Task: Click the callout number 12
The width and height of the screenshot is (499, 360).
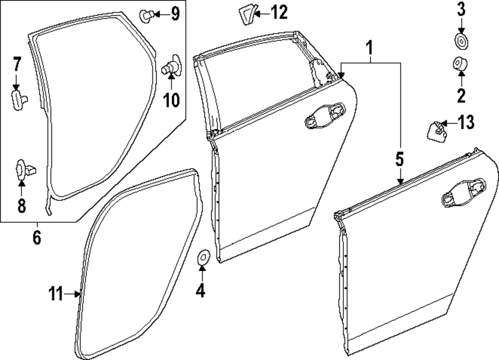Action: (x=279, y=12)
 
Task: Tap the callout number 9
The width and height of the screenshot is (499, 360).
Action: (x=175, y=13)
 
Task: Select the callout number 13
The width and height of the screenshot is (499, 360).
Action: (x=466, y=122)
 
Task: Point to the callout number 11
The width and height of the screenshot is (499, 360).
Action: (x=56, y=294)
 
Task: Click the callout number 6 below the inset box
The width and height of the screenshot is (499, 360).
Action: (x=37, y=238)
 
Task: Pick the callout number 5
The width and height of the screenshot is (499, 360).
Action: (x=400, y=159)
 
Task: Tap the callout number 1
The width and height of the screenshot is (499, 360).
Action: (x=369, y=48)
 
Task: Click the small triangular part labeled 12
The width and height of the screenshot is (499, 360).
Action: (x=247, y=15)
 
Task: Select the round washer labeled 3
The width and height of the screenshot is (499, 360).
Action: (x=461, y=41)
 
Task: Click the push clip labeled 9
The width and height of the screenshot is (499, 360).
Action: (x=146, y=15)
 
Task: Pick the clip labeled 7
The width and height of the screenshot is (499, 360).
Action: (x=19, y=99)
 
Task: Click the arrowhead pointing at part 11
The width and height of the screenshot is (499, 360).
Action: (x=78, y=294)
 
